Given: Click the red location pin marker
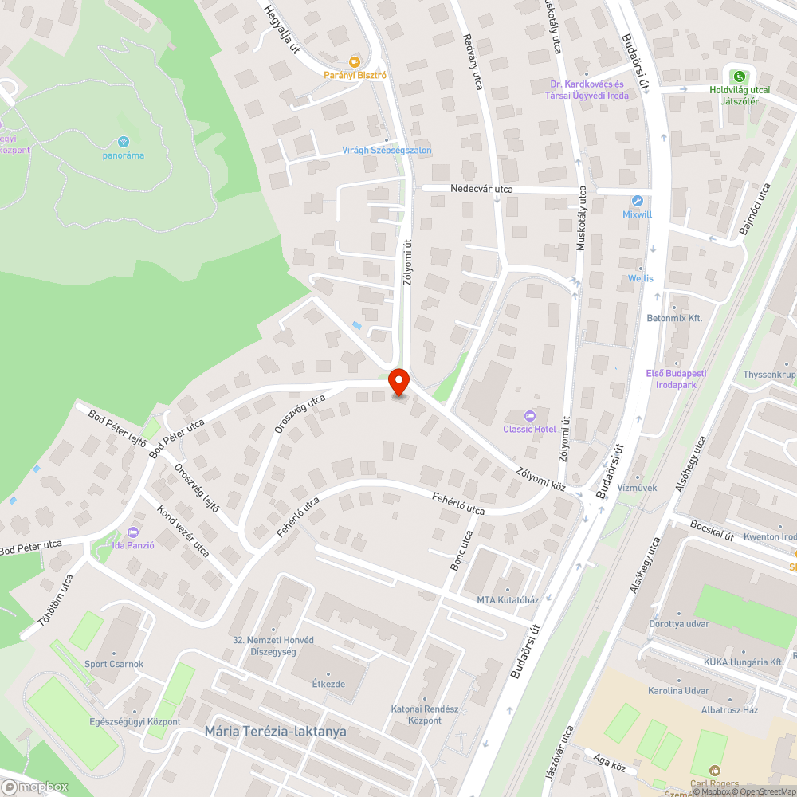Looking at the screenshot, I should [x=398, y=382].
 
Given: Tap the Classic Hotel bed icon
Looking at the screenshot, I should [x=529, y=415].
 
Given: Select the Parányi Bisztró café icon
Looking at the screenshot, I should [x=355, y=61].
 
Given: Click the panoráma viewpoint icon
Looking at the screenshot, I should [x=124, y=142].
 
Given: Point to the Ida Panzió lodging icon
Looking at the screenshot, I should [x=133, y=532].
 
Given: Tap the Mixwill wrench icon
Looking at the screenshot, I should [x=637, y=201].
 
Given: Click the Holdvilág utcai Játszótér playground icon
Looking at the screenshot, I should [x=740, y=77].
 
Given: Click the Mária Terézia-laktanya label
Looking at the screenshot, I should [x=275, y=731].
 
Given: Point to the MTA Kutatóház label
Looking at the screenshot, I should [x=508, y=600].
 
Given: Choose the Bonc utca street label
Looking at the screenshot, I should [x=461, y=551].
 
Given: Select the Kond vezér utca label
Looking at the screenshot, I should [x=183, y=532].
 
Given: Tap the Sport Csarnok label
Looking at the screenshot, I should [x=114, y=664].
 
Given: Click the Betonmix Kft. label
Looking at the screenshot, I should [x=674, y=318].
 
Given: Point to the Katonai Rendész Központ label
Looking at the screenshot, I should [x=415, y=715].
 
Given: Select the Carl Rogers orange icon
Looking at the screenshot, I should [x=713, y=771].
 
